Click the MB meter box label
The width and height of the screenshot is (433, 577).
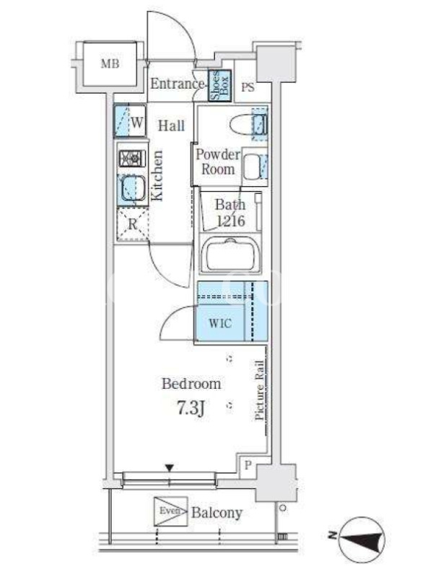(110, 63)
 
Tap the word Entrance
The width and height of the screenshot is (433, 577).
(177, 84)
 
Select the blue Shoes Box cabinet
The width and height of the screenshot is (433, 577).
(220, 86)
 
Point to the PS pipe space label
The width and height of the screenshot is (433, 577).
(248, 87)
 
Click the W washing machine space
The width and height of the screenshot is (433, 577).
(130, 121)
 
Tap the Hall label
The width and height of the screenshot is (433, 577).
(171, 125)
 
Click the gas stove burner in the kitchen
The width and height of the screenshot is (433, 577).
(132, 159)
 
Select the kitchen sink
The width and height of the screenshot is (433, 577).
(132, 190)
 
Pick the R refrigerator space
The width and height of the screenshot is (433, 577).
(133, 224)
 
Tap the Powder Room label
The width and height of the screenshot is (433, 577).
(218, 162)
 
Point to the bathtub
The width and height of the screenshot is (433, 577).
(230, 254)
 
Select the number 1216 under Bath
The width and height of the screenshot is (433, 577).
(231, 221)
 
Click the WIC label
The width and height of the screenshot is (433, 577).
(220, 323)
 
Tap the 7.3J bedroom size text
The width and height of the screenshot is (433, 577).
(191, 408)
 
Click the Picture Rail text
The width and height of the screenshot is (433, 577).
(260, 390)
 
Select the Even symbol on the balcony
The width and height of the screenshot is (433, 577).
(170, 511)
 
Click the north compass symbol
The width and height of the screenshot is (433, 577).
(362, 539)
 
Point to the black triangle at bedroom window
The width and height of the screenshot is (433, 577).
(170, 468)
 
